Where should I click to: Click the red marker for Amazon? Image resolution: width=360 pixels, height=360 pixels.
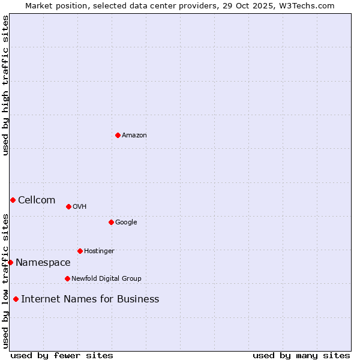[118, 135]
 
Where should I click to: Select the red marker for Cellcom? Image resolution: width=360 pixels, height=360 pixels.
[13, 200]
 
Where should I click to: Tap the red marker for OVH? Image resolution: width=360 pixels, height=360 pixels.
[68, 206]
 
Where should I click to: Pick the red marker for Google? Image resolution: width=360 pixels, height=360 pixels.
[111, 222]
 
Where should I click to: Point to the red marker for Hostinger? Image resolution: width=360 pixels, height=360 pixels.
[80, 251]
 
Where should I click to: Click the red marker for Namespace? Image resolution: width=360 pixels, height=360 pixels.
[10, 262]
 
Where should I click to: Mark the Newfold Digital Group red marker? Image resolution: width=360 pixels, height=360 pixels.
[67, 278]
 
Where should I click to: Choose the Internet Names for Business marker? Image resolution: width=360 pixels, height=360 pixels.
[16, 299]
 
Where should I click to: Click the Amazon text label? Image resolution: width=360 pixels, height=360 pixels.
[134, 136]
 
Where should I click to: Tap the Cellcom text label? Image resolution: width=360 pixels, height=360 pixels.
[37, 200]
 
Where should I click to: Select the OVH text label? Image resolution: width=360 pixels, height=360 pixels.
[80, 207]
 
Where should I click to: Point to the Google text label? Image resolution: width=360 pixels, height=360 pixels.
[126, 223]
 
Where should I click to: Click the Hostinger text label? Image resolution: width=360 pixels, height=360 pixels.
[99, 251]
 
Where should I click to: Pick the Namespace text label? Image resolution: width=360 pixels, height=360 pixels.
[43, 263]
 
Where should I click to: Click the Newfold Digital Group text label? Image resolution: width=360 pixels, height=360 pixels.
[106, 279]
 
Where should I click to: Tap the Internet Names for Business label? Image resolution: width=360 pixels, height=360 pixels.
[90, 299]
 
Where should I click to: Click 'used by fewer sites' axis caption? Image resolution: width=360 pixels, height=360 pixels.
[62, 355]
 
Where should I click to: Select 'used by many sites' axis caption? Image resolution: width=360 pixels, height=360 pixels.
[301, 355]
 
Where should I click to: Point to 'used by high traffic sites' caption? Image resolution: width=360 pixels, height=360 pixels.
[5, 85]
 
